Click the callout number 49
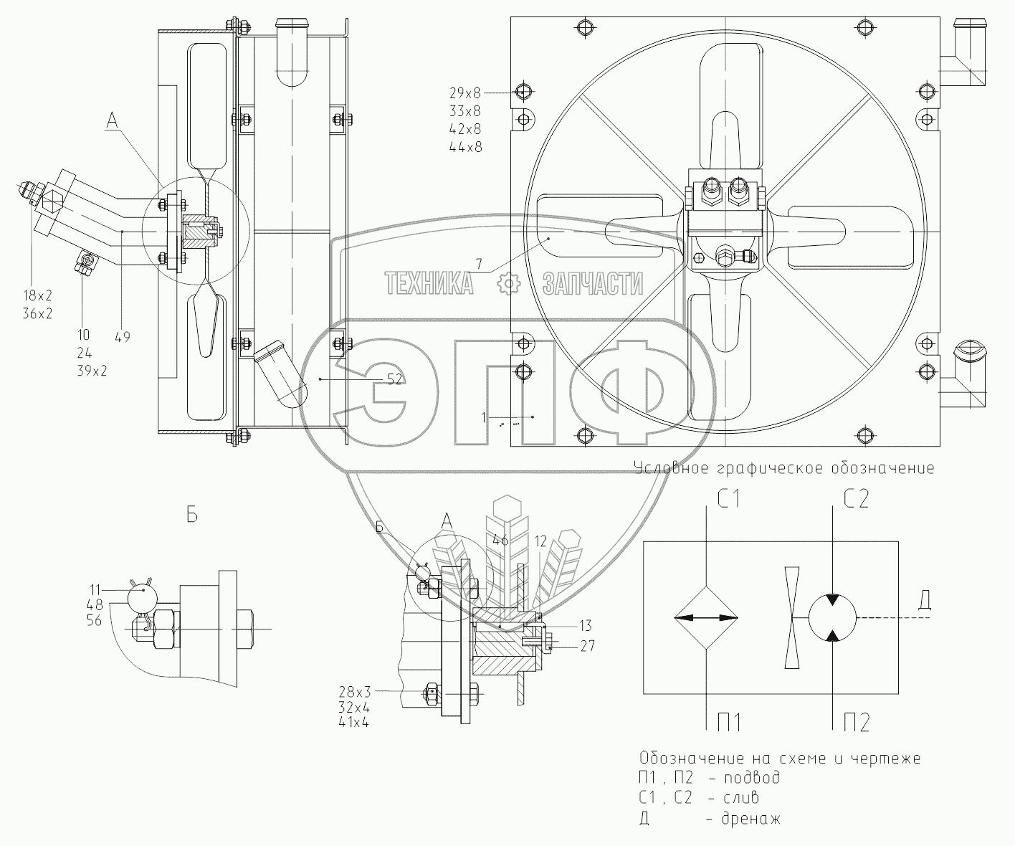click(x=123, y=336)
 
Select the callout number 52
click(x=394, y=380)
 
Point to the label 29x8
click(x=465, y=93)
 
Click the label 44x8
click(x=465, y=147)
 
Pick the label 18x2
click(x=42, y=295)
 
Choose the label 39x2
click(x=95, y=371)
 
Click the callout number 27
click(x=588, y=646)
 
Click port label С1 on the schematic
click(x=728, y=498)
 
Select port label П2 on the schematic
click(x=855, y=723)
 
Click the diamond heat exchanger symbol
click(x=707, y=617)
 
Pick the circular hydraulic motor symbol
click(x=832, y=617)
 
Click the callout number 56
click(x=94, y=622)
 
